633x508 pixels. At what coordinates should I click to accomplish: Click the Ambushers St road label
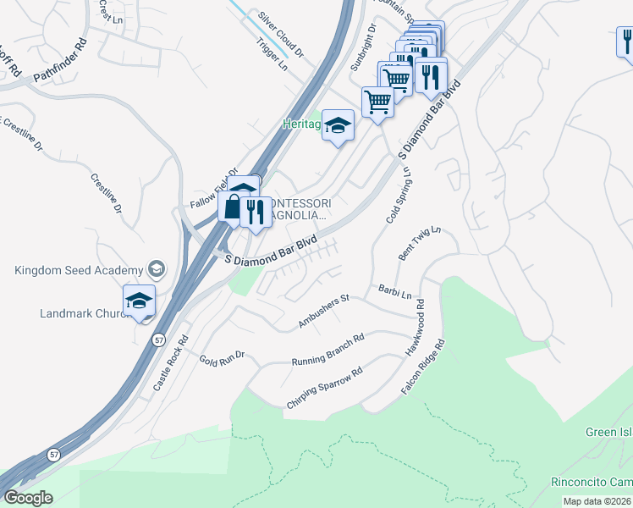coord(323,312)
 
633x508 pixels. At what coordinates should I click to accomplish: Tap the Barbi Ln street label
coord(394,293)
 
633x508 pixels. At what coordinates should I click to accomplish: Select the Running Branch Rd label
coord(328,351)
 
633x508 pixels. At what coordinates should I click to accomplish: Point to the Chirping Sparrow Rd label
coord(324,389)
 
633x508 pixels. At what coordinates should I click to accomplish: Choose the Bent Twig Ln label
coord(420,244)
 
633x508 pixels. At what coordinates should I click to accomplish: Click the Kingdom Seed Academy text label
coord(78,270)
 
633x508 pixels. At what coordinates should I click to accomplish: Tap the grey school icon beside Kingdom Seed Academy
coord(156,269)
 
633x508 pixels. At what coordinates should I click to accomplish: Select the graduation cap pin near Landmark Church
coord(140,301)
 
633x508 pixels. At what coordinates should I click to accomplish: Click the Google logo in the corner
coord(28,497)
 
